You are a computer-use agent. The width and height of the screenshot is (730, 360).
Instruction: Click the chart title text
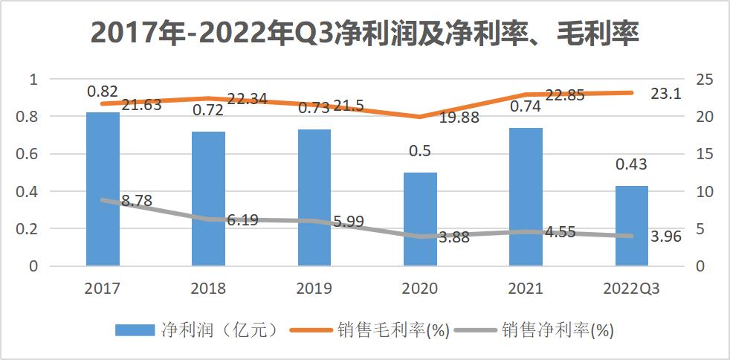364,34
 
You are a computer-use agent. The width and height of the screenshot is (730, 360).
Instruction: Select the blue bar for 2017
103,189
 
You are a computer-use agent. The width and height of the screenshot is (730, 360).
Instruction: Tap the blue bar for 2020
420,219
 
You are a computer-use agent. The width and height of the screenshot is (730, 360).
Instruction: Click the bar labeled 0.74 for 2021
526,196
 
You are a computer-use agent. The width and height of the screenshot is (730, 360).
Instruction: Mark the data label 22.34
247,100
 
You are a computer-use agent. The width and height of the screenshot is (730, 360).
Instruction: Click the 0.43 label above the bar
631,164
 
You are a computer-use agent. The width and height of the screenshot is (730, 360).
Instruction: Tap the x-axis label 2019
314,289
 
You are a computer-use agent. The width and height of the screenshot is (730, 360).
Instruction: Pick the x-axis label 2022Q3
631,289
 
